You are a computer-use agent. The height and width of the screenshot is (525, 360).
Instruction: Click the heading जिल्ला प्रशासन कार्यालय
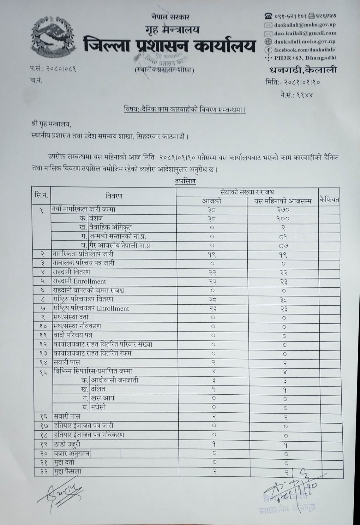pos(169,45)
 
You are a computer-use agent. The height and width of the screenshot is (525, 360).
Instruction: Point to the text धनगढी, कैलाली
pos(303,70)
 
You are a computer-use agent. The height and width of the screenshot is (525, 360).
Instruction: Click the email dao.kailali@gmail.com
pos(304,33)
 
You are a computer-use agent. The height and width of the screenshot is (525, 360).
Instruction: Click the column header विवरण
pos(114,196)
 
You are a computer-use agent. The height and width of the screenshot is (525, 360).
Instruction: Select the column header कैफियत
pos(329,199)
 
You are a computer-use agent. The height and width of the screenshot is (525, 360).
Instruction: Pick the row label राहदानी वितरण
pos(71,272)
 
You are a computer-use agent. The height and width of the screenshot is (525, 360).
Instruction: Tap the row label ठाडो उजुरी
pos(66,444)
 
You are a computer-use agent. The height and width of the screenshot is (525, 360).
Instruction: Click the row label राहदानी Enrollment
pos(79,281)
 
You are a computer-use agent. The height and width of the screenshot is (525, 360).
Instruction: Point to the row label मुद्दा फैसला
pos(67,471)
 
